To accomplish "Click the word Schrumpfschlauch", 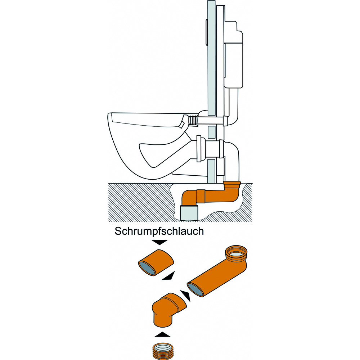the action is tap(159, 231).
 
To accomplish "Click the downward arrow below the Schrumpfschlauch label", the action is tap(159, 242).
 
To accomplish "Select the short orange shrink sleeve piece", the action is tap(156, 262).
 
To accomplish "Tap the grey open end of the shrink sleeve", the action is tap(147, 268).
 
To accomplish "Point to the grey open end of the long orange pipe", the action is tap(195, 289).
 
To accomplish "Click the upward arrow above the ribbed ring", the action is tap(162, 334).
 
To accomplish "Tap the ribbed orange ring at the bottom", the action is tap(162, 351).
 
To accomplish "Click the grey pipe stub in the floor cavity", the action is tap(189, 213).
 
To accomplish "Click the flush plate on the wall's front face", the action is tap(206, 32).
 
